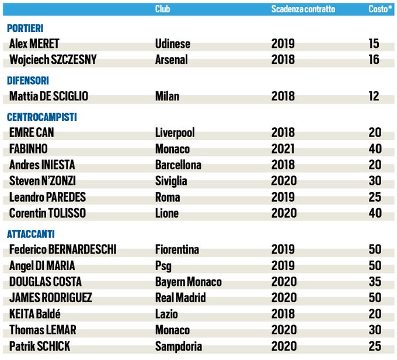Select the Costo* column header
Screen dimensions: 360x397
coord(379,9)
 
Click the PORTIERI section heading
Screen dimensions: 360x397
coord(25,28)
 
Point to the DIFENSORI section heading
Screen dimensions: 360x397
coord(27,81)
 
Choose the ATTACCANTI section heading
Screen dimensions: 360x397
coord(31,234)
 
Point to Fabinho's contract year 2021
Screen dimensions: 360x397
coord(283,149)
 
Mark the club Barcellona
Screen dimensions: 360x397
coord(178,165)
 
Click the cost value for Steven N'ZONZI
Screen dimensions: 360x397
coord(374,181)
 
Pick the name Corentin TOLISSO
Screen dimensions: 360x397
coord(48,214)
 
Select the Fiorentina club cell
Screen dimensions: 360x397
coord(177,250)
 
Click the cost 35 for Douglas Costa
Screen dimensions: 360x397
coord(374,282)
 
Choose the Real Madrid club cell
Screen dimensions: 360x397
coord(180,298)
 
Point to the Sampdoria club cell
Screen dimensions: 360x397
coord(179,347)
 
